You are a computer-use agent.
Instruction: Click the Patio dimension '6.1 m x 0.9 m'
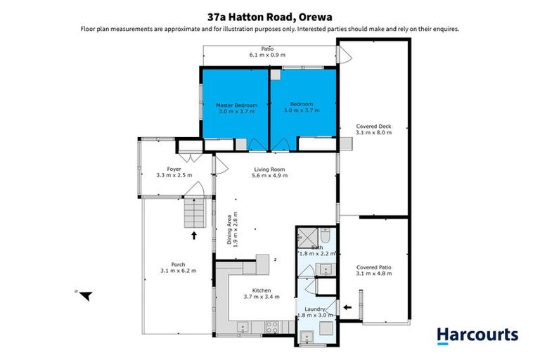[267, 55]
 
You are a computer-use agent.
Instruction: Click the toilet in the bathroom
[326, 235]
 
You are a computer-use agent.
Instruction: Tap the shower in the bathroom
[307, 237]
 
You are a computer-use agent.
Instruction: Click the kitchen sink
[243, 326]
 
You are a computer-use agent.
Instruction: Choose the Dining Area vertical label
[232, 231]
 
